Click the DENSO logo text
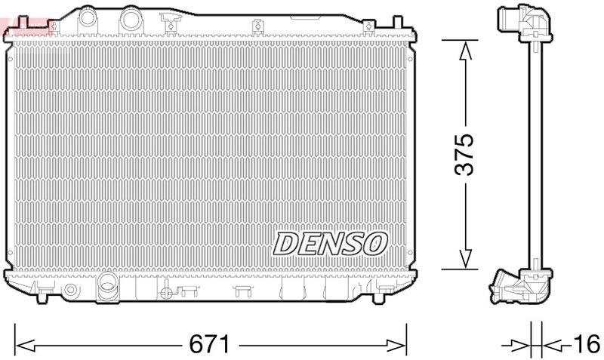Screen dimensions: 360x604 click(330, 243)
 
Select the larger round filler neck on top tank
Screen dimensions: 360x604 click(132, 16)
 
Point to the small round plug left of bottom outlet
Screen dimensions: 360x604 click(70, 291)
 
